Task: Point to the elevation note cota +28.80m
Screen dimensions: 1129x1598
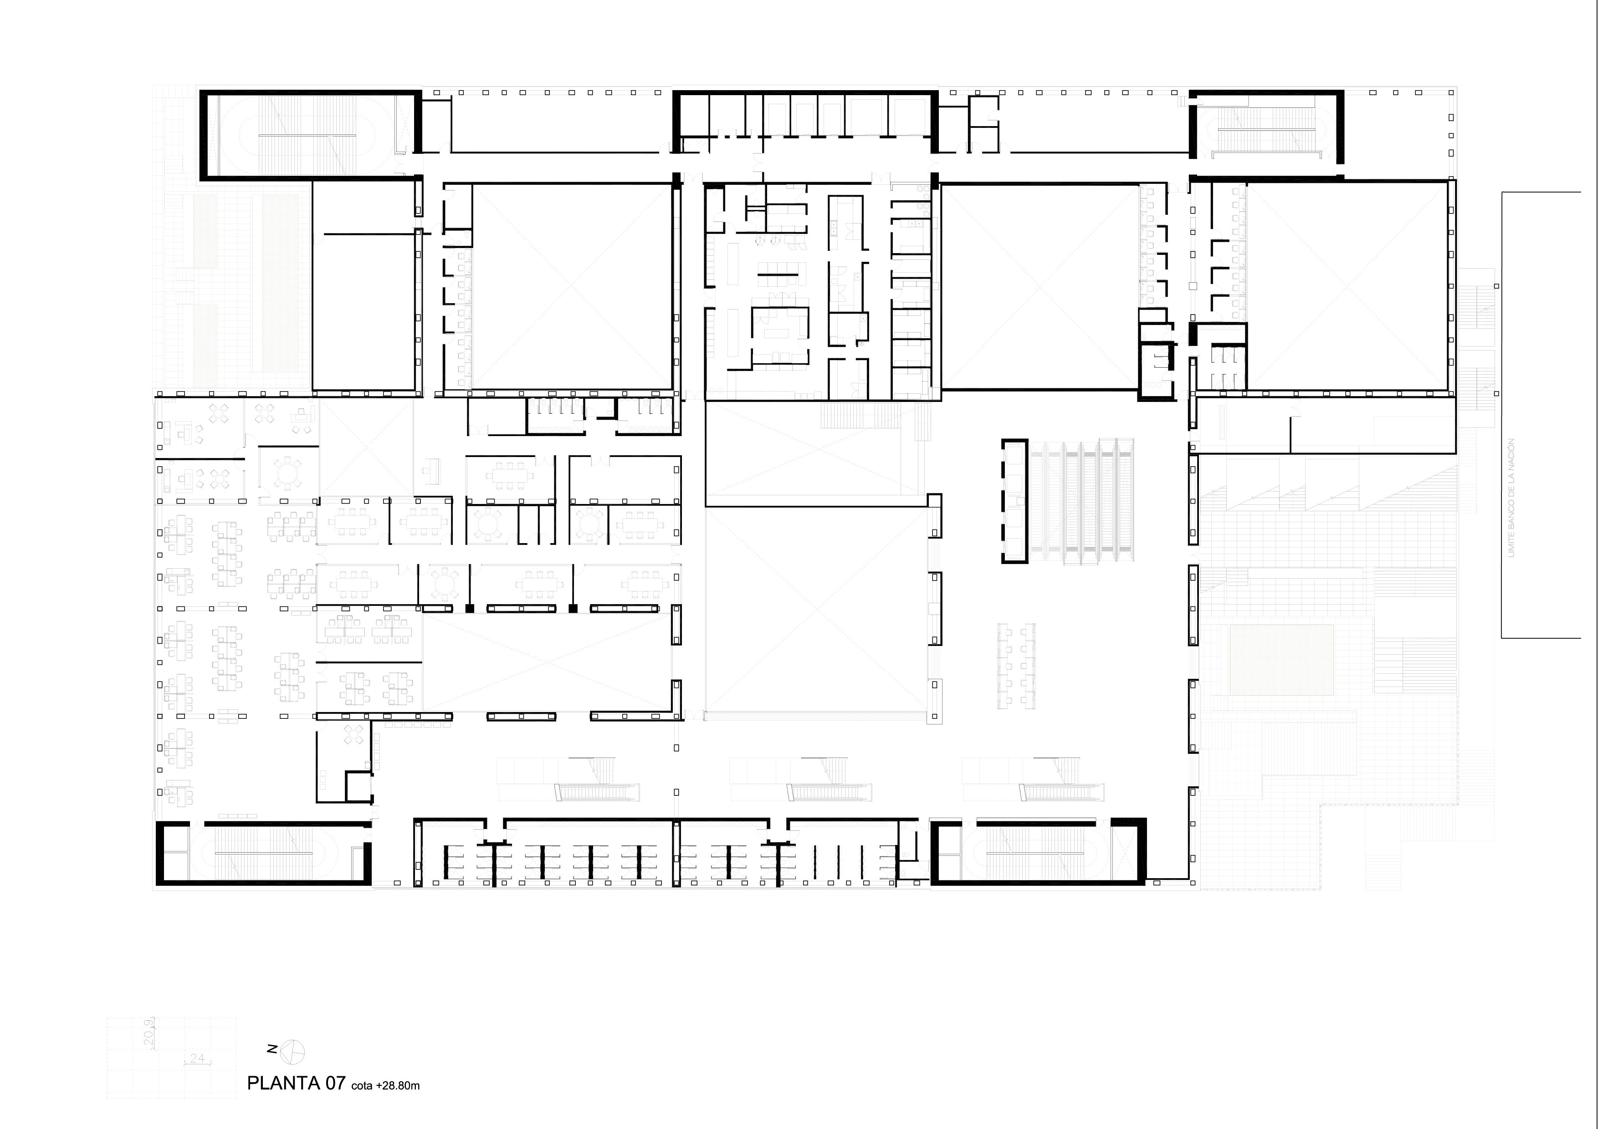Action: pyautogui.click(x=385, y=1085)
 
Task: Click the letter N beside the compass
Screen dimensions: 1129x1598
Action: pyautogui.click(x=273, y=1049)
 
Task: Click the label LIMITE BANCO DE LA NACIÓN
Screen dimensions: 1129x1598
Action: pyautogui.click(x=1510, y=498)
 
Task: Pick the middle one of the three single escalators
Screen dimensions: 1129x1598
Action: pyautogui.click(x=828, y=792)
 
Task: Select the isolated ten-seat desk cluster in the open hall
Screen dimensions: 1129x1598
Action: pyautogui.click(x=1016, y=666)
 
